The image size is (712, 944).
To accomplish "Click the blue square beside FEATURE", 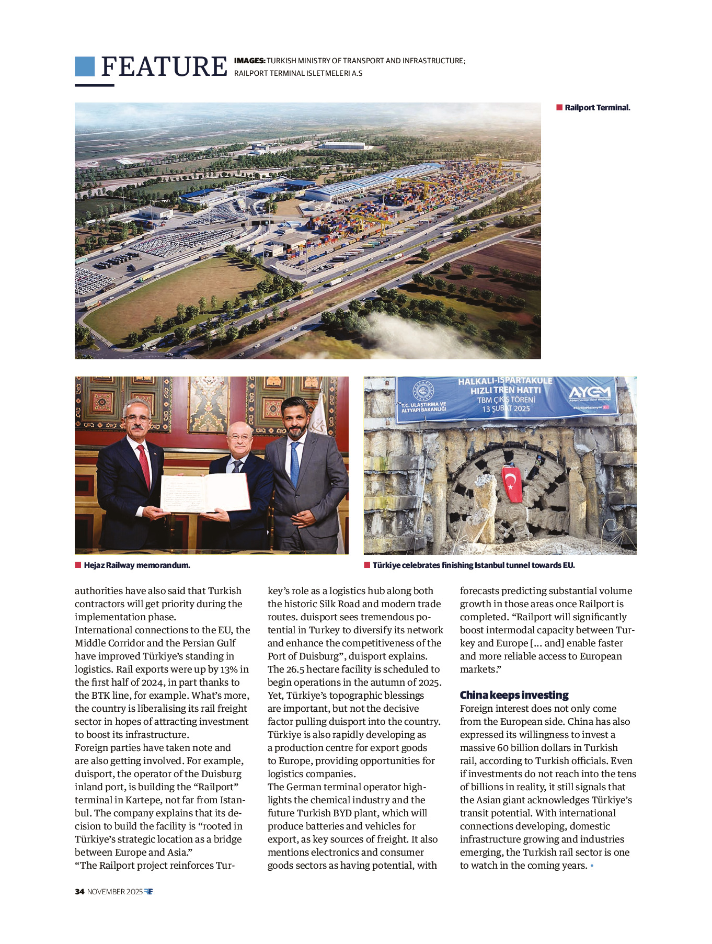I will click(85, 66).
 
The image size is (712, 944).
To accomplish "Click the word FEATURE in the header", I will click(164, 67).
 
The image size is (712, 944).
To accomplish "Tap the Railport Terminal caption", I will click(597, 108).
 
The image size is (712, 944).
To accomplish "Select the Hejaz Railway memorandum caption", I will click(136, 565).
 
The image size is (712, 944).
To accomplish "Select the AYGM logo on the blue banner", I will click(589, 393).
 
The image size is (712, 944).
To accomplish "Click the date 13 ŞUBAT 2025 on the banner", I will click(506, 408).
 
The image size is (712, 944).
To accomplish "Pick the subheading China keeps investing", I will click(514, 695).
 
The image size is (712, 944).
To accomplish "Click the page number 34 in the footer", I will click(79, 892).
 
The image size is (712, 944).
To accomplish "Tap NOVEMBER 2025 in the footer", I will click(114, 892).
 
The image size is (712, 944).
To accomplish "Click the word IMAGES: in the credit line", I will click(249, 61).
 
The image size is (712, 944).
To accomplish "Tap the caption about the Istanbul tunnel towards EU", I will click(473, 565).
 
